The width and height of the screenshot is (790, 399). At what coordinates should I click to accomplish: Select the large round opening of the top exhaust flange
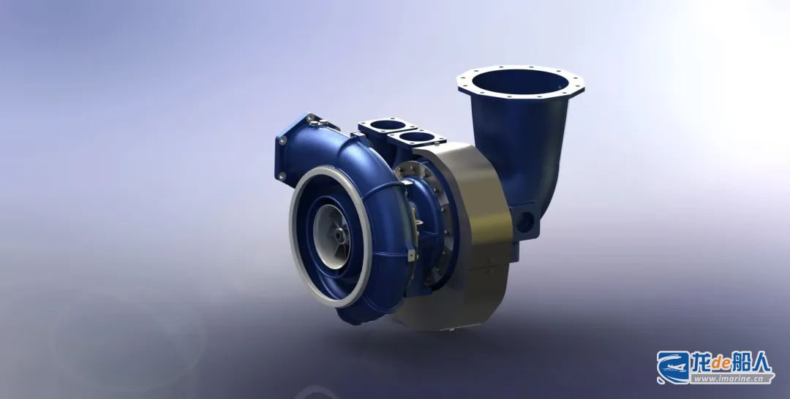click(x=520, y=82)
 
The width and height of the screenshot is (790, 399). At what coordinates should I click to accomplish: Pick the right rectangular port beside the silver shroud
click(x=417, y=137)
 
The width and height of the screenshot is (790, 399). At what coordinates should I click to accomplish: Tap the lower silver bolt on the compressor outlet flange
click(x=281, y=177)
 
